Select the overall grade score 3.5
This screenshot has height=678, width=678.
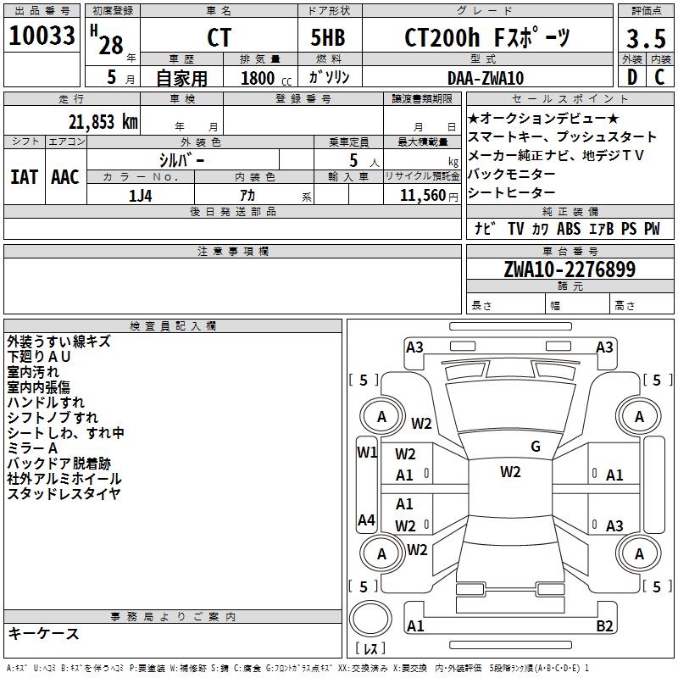pyautogui.click(x=646, y=38)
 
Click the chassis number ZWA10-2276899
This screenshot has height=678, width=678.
pyautogui.click(x=570, y=270)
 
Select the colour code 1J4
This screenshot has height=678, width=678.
pyautogui.click(x=141, y=194)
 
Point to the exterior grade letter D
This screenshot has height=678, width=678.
pyautogui.click(x=631, y=78)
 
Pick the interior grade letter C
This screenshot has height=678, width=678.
pyautogui.click(x=659, y=78)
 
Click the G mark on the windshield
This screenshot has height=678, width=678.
pyautogui.click(x=536, y=447)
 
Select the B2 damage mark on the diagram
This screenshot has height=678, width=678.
pyautogui.click(x=605, y=626)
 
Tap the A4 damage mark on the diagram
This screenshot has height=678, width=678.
pyautogui.click(x=366, y=520)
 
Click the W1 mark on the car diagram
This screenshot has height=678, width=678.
pyautogui.click(x=366, y=452)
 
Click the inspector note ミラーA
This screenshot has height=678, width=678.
pyautogui.click(x=32, y=447)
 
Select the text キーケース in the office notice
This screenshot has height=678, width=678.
pyautogui.click(x=43, y=633)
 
